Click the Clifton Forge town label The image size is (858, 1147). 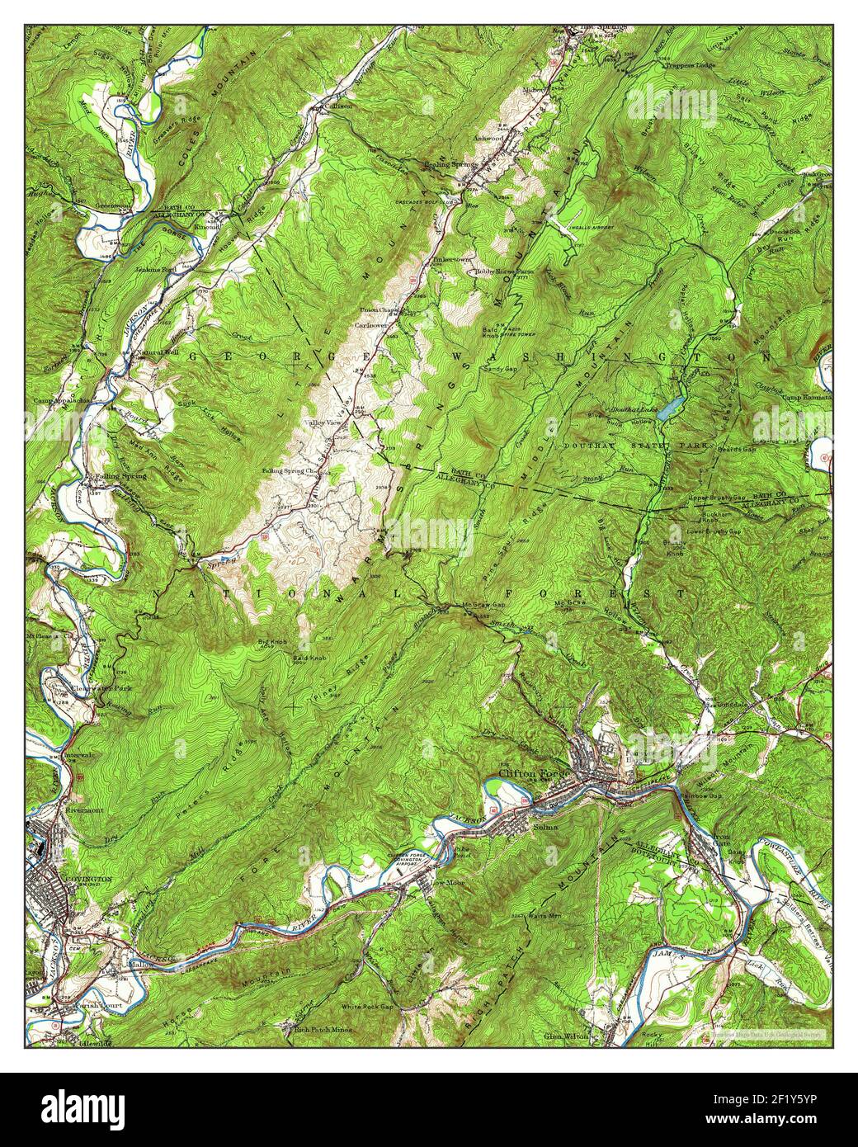(527, 773)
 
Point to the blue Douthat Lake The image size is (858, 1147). (672, 405)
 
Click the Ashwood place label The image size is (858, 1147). (488, 139)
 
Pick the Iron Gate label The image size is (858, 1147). (722, 840)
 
